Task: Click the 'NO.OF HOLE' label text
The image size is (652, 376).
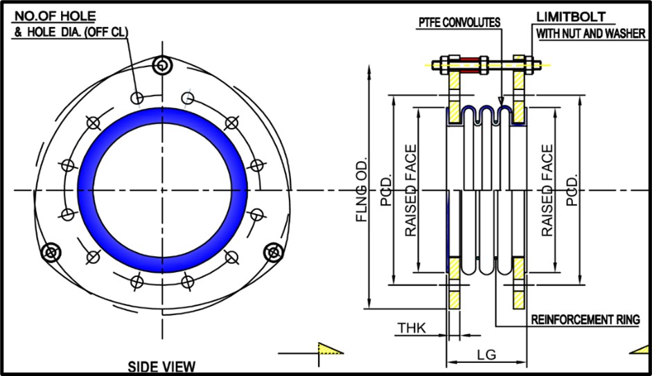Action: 55,15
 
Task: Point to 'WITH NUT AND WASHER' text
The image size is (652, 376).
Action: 590,33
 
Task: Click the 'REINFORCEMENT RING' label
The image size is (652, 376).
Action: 585,320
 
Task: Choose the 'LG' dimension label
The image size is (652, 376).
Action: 486,355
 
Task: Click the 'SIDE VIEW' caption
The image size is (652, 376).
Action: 161,367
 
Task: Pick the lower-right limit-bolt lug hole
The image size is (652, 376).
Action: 270,252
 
